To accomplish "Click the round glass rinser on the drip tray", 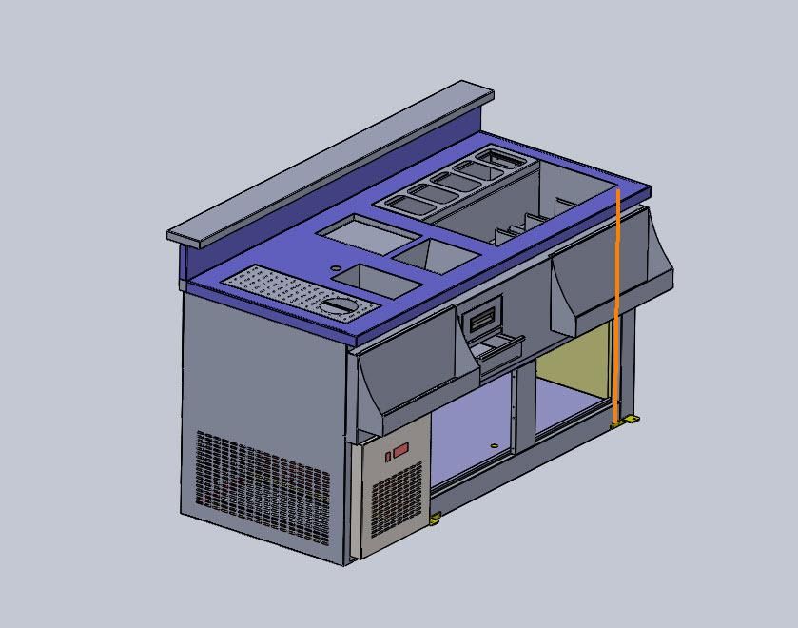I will (x=338, y=305).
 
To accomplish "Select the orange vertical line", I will (x=616, y=304).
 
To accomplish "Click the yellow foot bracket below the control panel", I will (x=436, y=519).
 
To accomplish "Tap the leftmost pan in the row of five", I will (x=404, y=201).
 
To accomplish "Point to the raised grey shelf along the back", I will (x=333, y=167).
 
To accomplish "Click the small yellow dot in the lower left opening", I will (x=493, y=445).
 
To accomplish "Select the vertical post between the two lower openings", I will (x=522, y=409).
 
